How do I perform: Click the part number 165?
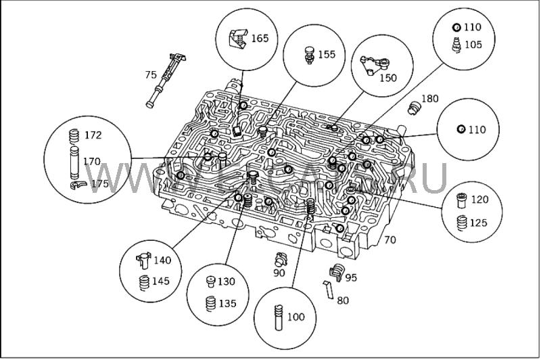[260, 39]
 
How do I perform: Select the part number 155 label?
[327, 53]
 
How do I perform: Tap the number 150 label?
[387, 78]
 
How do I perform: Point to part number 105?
[473, 45]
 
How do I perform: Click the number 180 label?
[429, 99]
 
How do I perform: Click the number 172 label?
[93, 135]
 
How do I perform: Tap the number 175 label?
[99, 183]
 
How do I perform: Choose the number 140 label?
[162, 261]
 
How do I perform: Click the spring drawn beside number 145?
[144, 282]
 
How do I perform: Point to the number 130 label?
[227, 282]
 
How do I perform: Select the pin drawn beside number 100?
[277, 317]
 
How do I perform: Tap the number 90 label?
[279, 273]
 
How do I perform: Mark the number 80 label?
[343, 300]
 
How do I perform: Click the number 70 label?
[390, 240]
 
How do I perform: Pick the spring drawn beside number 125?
[463, 223]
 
